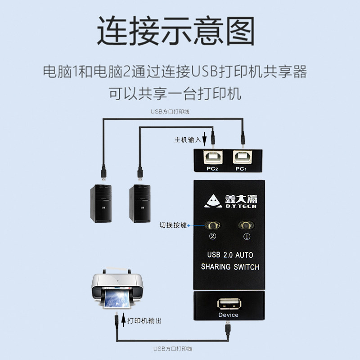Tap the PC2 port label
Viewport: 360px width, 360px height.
(212, 169)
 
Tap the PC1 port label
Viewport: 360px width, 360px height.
(242, 169)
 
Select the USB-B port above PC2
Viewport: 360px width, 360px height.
(212, 158)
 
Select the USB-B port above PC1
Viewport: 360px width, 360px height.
(242, 158)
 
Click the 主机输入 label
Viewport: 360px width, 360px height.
(188, 139)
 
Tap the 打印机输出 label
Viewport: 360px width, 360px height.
(144, 321)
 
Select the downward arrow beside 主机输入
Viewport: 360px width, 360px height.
(205, 138)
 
